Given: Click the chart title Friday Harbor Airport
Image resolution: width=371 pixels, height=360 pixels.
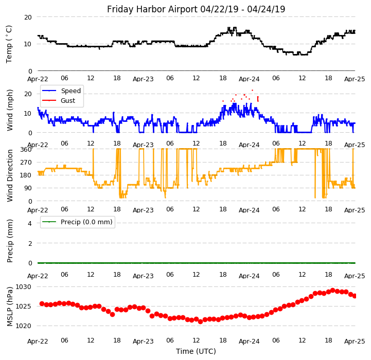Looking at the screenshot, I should [196, 9].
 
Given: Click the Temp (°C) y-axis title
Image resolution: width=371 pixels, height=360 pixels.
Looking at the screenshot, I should [9, 44].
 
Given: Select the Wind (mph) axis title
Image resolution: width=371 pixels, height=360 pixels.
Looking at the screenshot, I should [10, 110].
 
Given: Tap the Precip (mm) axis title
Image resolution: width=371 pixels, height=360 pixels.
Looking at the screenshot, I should [10, 241].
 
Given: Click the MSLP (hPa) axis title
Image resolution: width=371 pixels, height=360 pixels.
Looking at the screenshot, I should [10, 306].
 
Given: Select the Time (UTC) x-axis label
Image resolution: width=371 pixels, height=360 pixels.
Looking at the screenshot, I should [196, 351].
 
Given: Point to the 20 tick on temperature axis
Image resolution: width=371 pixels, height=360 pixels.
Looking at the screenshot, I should [27, 17].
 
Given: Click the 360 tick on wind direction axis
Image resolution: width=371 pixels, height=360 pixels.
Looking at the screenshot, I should [26, 149].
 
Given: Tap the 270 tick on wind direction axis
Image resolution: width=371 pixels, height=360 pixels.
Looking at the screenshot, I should [26, 163].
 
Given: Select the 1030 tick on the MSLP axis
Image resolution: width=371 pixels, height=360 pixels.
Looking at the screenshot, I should [23, 286].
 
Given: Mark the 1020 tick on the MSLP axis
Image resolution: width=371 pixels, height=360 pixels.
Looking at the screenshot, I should [23, 326].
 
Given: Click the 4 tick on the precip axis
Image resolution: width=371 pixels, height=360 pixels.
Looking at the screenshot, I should [29, 223].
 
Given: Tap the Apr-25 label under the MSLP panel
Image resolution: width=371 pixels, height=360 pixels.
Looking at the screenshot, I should [355, 341].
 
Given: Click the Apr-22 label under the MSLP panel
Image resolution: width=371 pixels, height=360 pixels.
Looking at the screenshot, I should [38, 341].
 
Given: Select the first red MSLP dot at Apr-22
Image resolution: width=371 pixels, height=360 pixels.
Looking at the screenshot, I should [42, 303].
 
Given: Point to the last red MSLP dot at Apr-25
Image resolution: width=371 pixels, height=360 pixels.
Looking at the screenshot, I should [355, 296].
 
